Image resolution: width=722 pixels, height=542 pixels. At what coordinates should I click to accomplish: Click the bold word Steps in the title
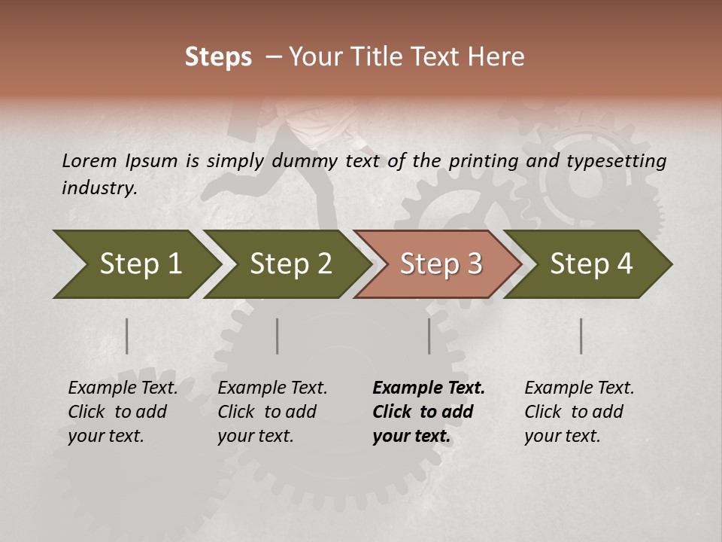pyautogui.click(x=218, y=57)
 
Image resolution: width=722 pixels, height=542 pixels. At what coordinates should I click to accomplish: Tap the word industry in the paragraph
pyautogui.click(x=99, y=187)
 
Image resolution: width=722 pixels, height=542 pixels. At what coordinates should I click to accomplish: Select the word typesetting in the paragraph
pyautogui.click(x=616, y=160)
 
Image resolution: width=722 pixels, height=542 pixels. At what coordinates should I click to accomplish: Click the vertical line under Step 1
pyautogui.click(x=127, y=336)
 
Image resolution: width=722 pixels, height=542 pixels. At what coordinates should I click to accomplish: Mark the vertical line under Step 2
pyautogui.click(x=278, y=336)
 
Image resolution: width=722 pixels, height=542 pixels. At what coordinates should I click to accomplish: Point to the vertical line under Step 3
pyautogui.click(x=429, y=336)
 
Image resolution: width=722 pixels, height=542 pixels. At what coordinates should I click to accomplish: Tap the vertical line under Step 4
pyautogui.click(x=581, y=336)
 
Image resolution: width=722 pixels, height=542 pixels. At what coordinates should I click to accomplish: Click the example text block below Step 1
pyautogui.click(x=123, y=412)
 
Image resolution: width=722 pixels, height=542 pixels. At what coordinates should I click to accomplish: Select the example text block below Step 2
pyautogui.click(x=272, y=412)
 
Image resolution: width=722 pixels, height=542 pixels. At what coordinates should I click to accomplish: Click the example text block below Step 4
pyautogui.click(x=579, y=412)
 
